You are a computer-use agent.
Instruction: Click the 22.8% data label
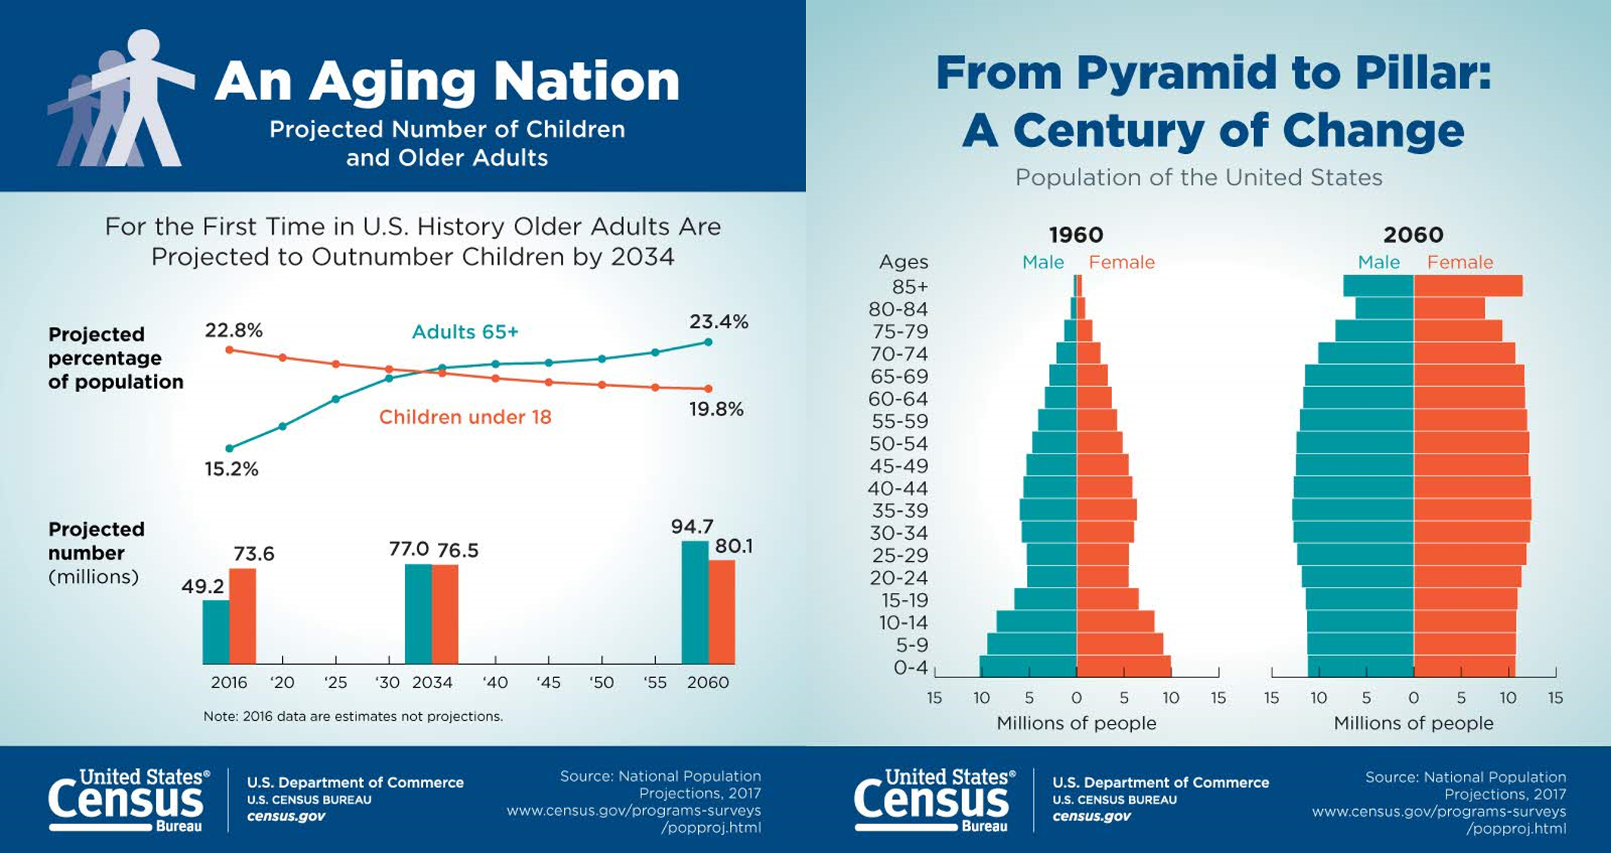pos(234,331)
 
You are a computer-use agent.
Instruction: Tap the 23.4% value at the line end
pos(718,321)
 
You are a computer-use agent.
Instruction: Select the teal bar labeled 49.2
pos(215,632)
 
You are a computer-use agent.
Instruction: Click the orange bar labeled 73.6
pos(243,616)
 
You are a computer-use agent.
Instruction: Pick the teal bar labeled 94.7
pos(695,602)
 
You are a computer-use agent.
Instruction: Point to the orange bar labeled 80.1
pos(722,612)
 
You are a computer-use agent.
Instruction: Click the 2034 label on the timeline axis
pos(432,682)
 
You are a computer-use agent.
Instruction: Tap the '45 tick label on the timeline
pos(548,682)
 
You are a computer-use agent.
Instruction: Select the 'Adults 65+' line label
pos(465,332)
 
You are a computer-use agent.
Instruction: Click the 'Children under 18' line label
pos(465,417)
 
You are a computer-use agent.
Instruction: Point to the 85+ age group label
pos(910,287)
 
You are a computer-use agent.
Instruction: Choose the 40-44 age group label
pos(898,488)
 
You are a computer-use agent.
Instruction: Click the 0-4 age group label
pos(910,668)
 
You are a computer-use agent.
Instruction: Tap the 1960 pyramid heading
pos(1076,235)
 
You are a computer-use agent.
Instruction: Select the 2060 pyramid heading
pos(1413,235)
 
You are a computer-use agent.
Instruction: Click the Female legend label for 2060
pos(1459,262)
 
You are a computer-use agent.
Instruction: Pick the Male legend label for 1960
pos(1042,262)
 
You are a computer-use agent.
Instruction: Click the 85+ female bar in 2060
pos(1468,286)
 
